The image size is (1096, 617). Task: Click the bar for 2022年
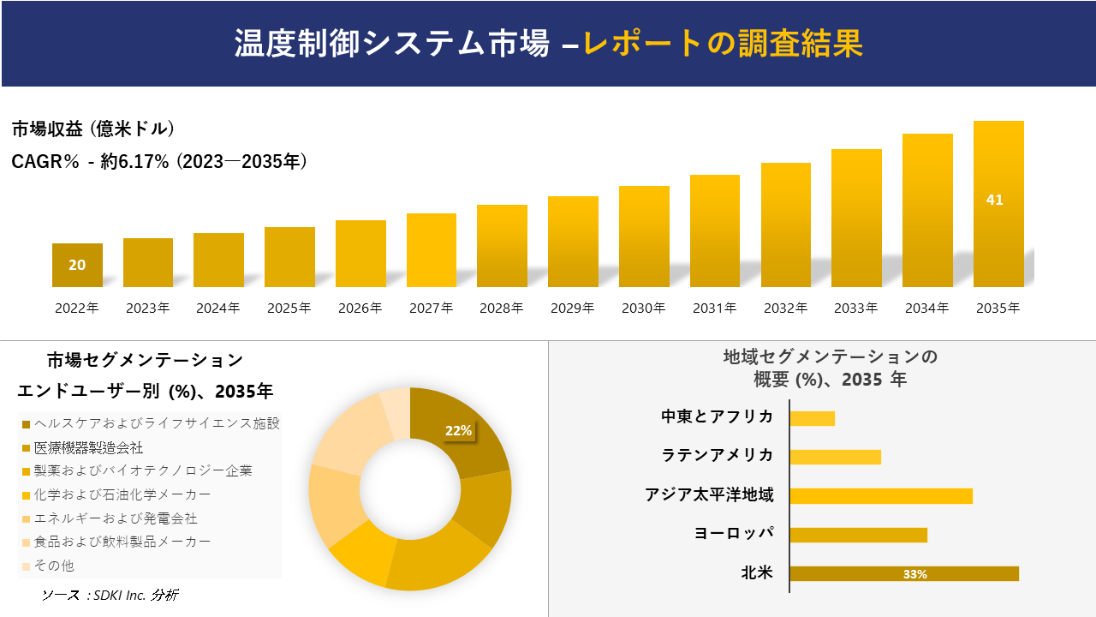pyautogui.click(x=77, y=266)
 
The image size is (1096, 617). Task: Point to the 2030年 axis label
pyautogui.click(x=643, y=308)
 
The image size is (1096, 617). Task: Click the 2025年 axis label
pyautogui.click(x=289, y=308)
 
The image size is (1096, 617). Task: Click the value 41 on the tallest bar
pyautogui.click(x=994, y=200)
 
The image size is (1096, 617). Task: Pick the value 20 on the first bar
pyautogui.click(x=77, y=265)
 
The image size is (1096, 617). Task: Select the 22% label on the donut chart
pyautogui.click(x=458, y=431)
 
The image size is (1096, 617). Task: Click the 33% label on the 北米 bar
pyautogui.click(x=914, y=574)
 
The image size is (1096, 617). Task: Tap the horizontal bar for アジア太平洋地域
pyautogui.click(x=880, y=495)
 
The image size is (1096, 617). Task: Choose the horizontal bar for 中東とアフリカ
pyautogui.click(x=812, y=418)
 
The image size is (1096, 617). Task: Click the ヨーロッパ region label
pyautogui.click(x=734, y=533)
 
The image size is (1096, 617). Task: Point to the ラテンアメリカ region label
pyautogui.click(x=718, y=455)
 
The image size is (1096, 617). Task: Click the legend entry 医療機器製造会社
pyautogui.click(x=88, y=448)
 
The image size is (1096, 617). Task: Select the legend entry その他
pyautogui.click(x=54, y=566)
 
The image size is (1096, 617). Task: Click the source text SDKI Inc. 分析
pyautogui.click(x=110, y=595)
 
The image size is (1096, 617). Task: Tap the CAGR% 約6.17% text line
pyautogui.click(x=159, y=161)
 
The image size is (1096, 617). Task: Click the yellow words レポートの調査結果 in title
pyautogui.click(x=723, y=44)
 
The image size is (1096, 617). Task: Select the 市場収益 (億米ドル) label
pyautogui.click(x=93, y=129)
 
